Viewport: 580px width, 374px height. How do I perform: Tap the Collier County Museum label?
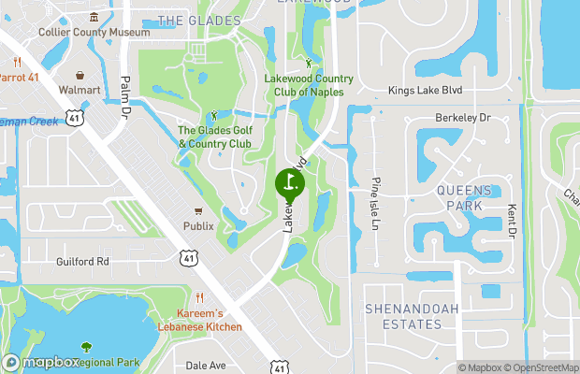click(94, 32)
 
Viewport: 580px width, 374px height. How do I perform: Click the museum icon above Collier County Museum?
click(94, 17)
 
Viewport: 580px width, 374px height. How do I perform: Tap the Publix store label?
click(197, 226)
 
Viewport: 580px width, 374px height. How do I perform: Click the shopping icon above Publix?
click(197, 211)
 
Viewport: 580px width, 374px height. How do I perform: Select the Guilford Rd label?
click(82, 262)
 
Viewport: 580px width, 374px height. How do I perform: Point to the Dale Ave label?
click(207, 366)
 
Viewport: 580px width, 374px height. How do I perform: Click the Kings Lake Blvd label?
click(427, 92)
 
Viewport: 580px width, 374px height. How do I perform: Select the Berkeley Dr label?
click(462, 118)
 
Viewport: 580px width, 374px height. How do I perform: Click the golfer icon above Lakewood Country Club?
click(311, 63)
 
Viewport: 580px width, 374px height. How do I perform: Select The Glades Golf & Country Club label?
click(214, 137)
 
